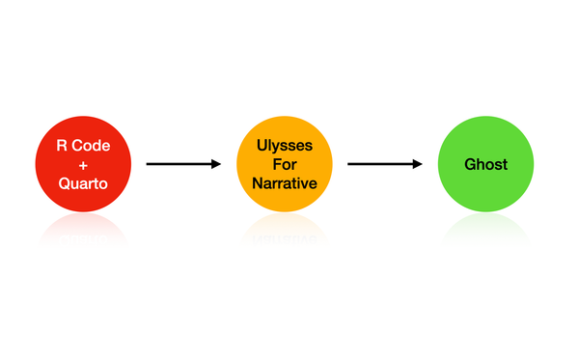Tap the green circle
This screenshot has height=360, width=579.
click(485, 164)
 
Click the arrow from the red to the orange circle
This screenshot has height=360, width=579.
click(183, 164)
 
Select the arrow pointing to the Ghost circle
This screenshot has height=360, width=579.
click(384, 164)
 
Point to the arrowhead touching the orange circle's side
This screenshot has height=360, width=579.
click(217, 164)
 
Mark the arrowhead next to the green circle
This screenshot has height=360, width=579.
click(418, 164)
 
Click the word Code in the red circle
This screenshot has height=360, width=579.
click(93, 146)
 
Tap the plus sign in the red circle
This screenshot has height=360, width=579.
click(83, 164)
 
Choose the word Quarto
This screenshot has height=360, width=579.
click(83, 182)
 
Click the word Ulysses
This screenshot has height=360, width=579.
click(285, 146)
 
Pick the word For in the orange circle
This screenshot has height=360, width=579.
click(285, 164)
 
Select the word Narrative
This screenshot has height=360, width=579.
click(285, 182)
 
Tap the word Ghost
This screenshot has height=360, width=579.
click(485, 164)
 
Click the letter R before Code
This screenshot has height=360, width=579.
click(61, 146)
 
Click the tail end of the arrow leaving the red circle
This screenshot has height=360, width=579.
click(149, 164)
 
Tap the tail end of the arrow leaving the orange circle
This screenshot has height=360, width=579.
click(349, 164)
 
